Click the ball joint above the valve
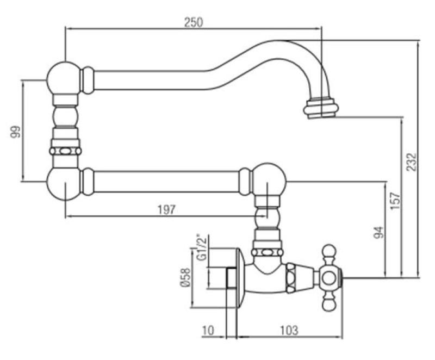[269, 179]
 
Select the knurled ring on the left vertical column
[65, 151]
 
